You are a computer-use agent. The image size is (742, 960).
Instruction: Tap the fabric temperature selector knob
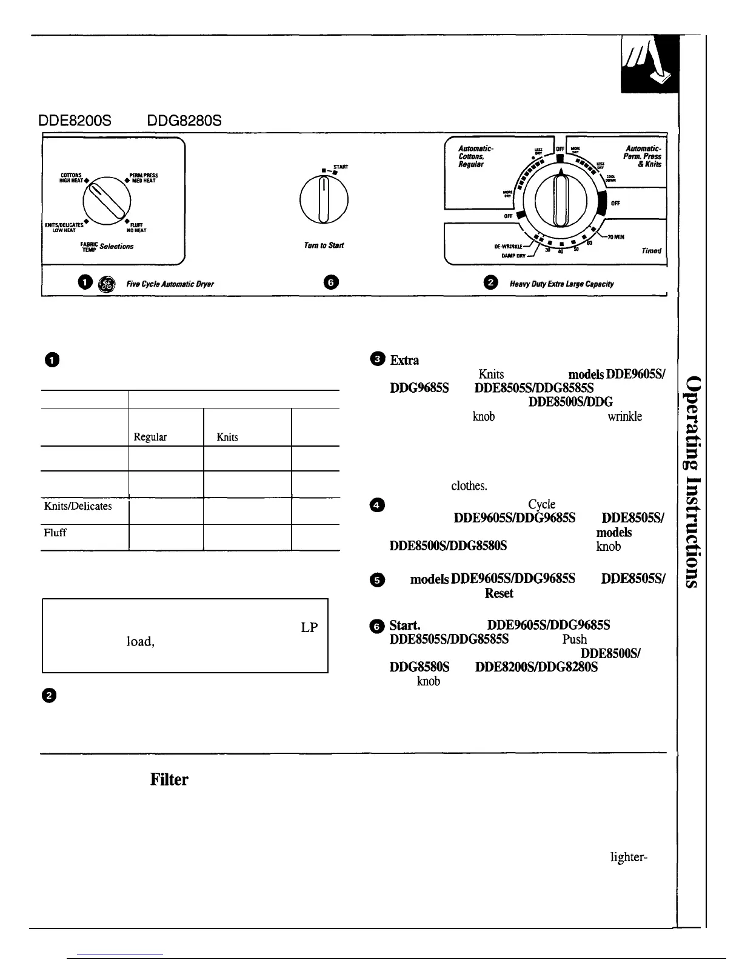(107, 199)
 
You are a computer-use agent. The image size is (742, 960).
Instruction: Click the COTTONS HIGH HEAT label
(75, 177)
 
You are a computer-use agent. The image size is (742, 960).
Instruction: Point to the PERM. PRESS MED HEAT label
(141, 177)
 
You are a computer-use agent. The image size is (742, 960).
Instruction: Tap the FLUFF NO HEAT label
(136, 227)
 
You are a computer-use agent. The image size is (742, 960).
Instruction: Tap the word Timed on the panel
(652, 250)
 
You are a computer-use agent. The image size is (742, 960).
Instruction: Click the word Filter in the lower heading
(169, 779)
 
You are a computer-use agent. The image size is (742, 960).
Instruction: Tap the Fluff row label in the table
(55, 533)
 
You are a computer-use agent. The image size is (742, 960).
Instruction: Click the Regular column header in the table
(150, 437)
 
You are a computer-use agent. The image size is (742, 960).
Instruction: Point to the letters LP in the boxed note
(309, 628)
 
